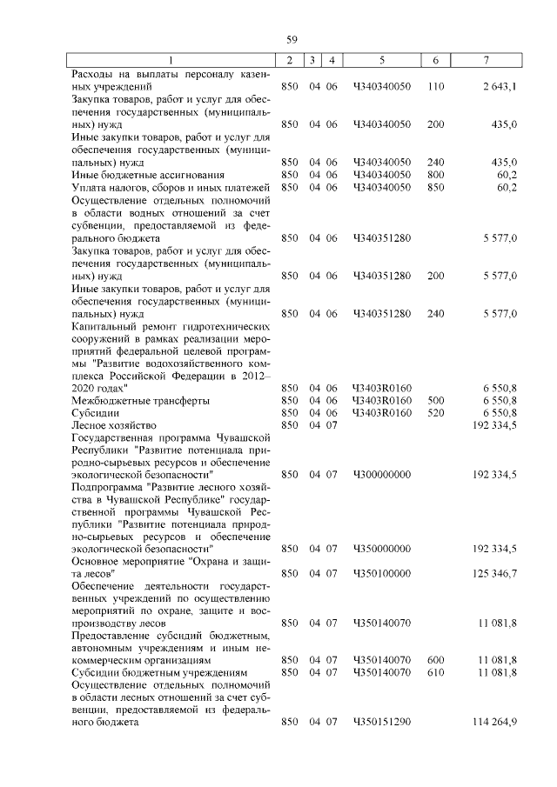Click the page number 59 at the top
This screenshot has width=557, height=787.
292,39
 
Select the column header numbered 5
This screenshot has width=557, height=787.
382,60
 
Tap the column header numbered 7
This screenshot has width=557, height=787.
486,60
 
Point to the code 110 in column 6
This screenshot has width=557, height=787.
436,87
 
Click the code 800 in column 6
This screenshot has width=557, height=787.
436,175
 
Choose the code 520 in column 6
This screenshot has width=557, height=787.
436,412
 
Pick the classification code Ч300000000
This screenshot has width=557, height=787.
382,475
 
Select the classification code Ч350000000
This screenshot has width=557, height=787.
382,550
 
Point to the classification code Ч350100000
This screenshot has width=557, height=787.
382,575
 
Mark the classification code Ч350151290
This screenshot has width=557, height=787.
382,722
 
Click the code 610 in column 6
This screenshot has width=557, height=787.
436,672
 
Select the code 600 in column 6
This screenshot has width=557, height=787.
436,660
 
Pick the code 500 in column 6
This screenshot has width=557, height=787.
436,400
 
